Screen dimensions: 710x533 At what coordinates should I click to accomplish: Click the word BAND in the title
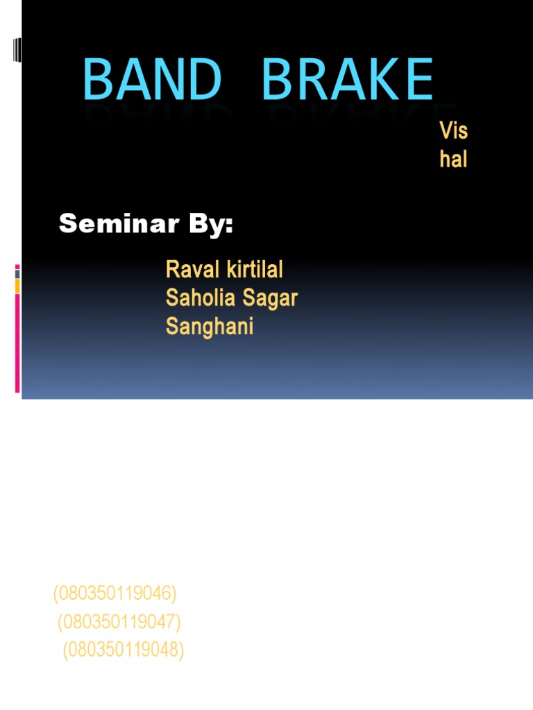coord(151,80)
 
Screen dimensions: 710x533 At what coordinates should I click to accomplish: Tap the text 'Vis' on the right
coord(453,130)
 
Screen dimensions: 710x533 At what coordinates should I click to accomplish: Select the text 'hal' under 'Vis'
coord(453,159)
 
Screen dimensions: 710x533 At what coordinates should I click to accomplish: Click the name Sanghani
coord(210,326)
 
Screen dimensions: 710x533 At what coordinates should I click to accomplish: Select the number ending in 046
coord(115,594)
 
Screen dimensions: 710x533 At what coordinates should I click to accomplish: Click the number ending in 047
coord(119,622)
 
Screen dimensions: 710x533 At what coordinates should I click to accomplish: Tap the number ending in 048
coord(124,650)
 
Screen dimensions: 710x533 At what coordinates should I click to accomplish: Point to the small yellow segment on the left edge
coord(17,286)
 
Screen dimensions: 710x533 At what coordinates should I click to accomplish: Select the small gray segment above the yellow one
coord(17,274)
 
